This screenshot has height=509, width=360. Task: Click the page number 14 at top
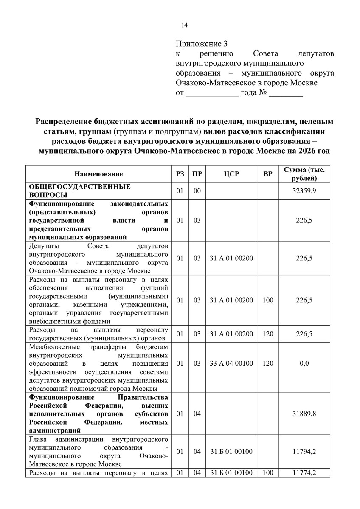[184, 25]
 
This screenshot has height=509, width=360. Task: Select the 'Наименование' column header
[98, 174]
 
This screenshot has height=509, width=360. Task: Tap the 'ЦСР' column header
[231, 174]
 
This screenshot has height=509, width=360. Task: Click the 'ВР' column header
[268, 174]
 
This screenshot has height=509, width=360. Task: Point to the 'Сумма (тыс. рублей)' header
[304, 174]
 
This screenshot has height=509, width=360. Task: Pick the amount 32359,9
[304, 191]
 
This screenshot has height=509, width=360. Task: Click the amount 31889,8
[304, 414]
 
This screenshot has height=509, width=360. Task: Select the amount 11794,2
[304, 452]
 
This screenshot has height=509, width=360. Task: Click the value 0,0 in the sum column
[304, 364]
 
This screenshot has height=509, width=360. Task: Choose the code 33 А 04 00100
[231, 364]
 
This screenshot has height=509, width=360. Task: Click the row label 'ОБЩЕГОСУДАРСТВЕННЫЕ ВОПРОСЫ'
[79, 191]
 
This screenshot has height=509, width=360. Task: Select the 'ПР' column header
[197, 174]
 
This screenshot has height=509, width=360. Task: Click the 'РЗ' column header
[180, 174]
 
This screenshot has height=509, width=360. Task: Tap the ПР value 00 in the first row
[197, 191]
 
